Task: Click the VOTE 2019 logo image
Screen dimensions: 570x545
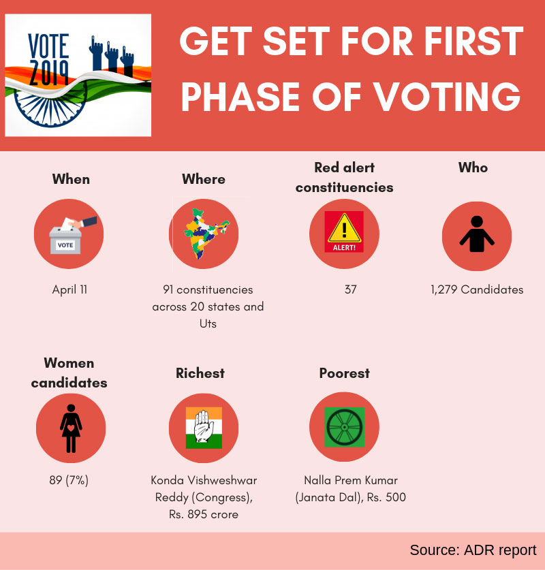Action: click(78, 75)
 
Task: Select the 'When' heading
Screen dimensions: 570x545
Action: click(71, 179)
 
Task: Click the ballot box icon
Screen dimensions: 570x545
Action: click(69, 234)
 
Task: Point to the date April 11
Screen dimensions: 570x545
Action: click(69, 289)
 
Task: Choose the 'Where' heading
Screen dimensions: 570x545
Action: click(204, 179)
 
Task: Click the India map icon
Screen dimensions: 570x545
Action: click(204, 234)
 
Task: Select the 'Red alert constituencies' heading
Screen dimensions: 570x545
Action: click(344, 177)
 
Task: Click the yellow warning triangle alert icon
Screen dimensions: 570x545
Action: click(344, 232)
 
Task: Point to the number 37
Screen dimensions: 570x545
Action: click(350, 289)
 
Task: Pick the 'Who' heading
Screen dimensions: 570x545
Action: click(473, 168)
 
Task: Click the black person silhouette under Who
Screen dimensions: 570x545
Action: click(477, 234)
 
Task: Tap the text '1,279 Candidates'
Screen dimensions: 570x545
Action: click(477, 289)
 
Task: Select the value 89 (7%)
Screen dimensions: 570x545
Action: click(69, 480)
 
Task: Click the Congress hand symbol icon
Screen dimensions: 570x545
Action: click(204, 428)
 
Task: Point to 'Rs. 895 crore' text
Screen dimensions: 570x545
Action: click(204, 514)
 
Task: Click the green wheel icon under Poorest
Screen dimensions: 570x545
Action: click(344, 428)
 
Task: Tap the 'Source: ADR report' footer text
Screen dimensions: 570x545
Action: click(473, 550)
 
